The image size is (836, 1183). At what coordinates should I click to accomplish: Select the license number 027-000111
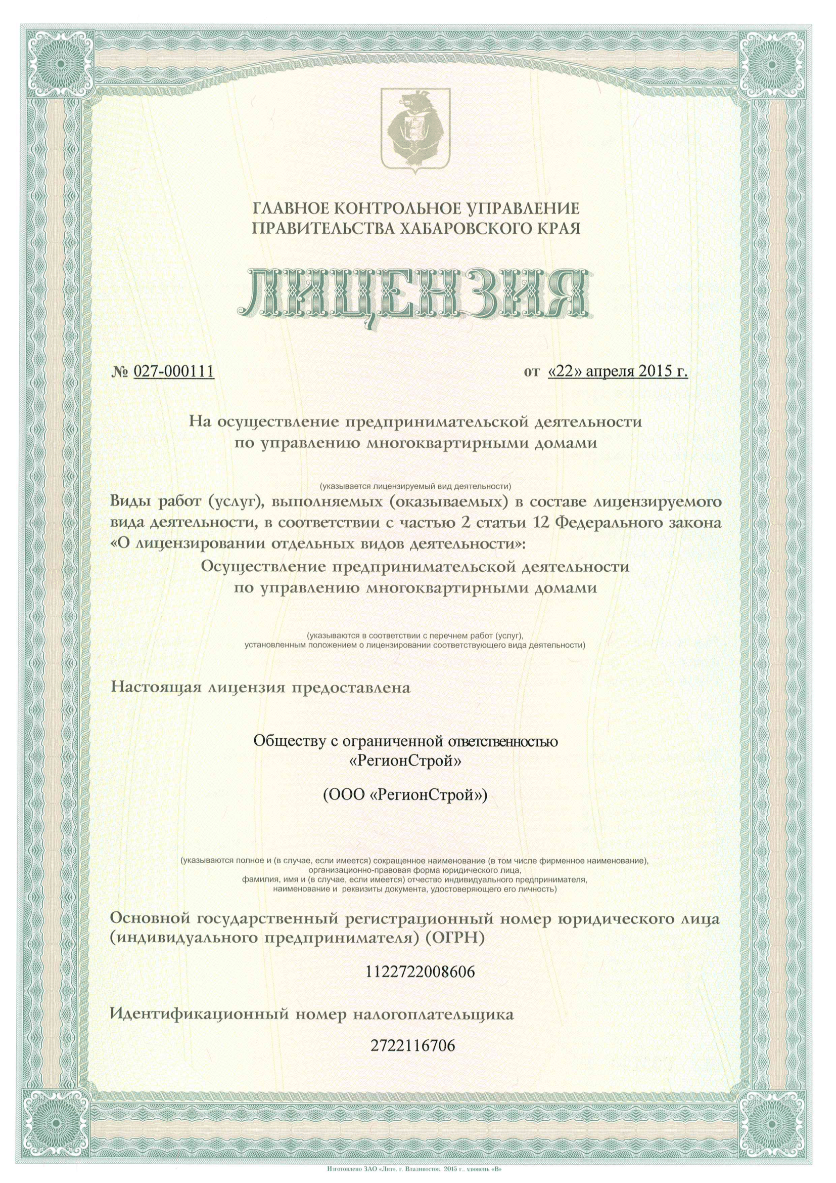[173, 371]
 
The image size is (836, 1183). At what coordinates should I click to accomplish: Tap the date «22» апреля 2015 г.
[618, 371]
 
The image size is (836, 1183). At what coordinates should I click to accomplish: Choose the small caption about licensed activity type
[415, 486]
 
